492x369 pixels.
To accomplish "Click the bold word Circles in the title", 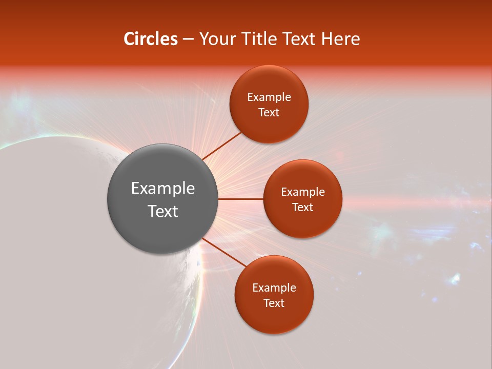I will tap(150, 39).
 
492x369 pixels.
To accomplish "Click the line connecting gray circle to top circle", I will tap(221, 146).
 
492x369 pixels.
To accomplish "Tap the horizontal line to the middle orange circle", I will tap(241, 199).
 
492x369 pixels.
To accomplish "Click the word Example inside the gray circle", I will tap(163, 189).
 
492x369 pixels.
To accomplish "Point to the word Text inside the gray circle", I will tap(163, 211).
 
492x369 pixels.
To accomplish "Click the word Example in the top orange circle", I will tap(269, 97).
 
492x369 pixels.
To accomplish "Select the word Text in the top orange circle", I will tap(269, 113).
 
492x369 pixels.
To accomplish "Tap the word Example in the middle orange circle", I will tap(303, 192).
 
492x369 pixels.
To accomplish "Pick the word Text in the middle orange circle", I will tap(302, 208).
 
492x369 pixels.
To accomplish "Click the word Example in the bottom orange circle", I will tap(274, 288).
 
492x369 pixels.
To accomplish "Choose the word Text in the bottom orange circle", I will tap(274, 303).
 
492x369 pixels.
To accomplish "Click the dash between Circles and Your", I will tap(188, 39).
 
